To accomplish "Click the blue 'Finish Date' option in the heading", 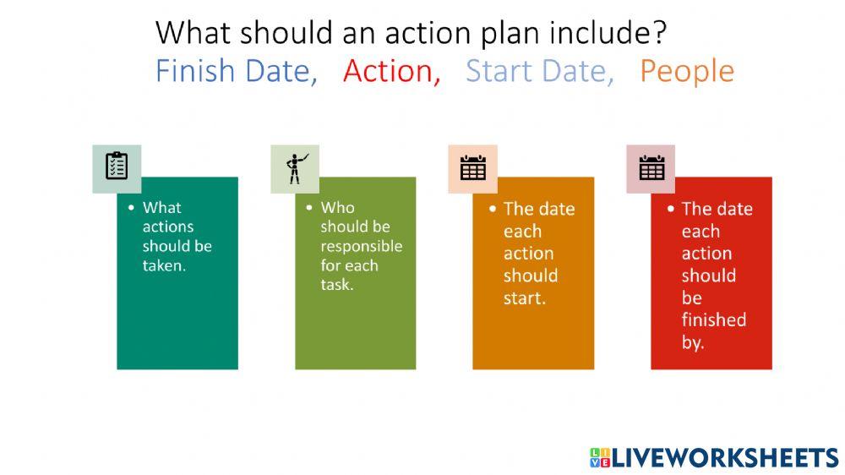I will tap(235, 71).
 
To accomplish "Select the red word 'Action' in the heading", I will tap(391, 71).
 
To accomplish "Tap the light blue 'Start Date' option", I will tap(539, 71).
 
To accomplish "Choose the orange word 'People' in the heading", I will tap(686, 72).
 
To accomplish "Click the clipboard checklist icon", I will tap(117, 167).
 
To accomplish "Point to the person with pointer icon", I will tap(295, 167).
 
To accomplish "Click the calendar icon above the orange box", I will tap(473, 167).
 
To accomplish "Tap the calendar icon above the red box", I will tap(651, 167).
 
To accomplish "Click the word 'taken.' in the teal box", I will tap(164, 265).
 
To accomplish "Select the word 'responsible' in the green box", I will tap(361, 246).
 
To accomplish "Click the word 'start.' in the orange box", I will tap(525, 298).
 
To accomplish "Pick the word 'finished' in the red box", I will tap(713, 319).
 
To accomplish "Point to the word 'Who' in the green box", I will tap(337, 207).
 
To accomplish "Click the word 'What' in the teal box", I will tap(161, 207).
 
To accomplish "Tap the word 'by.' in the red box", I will tap(693, 342).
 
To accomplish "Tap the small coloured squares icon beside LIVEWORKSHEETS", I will tap(599, 458).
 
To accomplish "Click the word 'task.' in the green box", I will tap(337, 285).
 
